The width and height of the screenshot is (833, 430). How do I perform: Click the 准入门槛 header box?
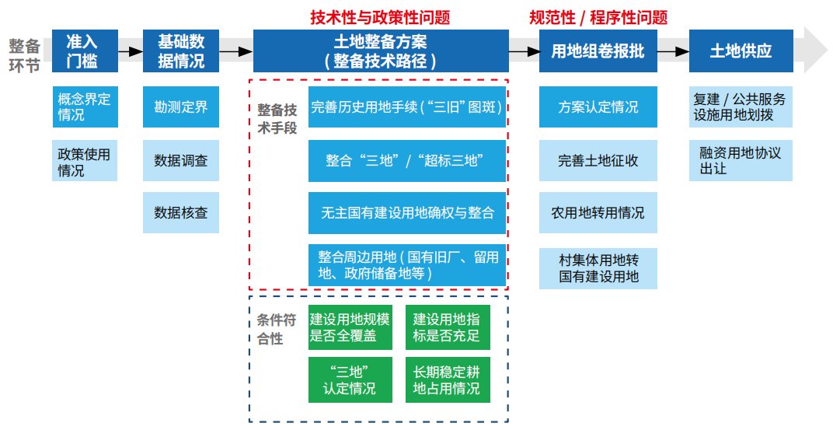click(x=85, y=51)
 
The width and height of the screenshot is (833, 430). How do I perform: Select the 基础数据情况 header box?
click(x=181, y=51)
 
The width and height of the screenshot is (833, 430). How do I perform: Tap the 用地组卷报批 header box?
click(x=598, y=51)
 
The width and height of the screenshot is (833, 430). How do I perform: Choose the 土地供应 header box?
click(x=741, y=51)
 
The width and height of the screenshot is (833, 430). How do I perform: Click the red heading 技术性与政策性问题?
click(x=381, y=18)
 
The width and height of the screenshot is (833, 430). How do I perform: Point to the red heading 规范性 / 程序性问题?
click(x=598, y=18)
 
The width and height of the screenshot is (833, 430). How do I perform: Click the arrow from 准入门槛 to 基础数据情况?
click(x=131, y=51)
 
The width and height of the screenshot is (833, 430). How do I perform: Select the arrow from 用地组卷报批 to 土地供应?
click(x=673, y=51)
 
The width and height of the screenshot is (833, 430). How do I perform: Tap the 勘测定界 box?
click(x=181, y=107)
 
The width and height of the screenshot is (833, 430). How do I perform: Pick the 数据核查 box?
click(x=181, y=212)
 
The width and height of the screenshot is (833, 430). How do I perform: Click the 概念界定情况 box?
click(x=85, y=107)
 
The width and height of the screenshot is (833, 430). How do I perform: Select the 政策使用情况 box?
click(x=85, y=160)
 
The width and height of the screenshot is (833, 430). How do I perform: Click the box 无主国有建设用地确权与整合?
click(x=407, y=213)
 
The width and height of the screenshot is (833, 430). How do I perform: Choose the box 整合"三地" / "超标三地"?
click(x=407, y=160)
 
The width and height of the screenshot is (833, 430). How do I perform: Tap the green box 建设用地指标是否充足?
click(x=448, y=327)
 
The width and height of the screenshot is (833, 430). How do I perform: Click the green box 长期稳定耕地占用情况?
click(x=448, y=380)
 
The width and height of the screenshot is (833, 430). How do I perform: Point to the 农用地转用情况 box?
click(x=598, y=212)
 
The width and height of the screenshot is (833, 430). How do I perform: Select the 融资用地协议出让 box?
click(x=741, y=160)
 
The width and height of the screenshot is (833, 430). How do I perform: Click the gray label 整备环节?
click(x=24, y=55)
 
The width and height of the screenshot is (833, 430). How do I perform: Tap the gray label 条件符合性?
click(x=277, y=329)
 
